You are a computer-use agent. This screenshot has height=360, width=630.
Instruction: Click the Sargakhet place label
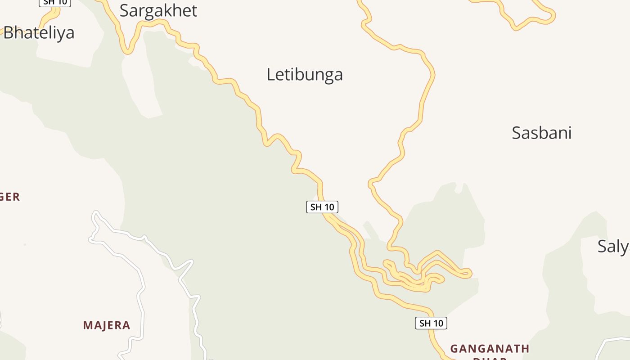coord(158,10)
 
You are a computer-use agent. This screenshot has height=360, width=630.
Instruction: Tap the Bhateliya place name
coord(39,33)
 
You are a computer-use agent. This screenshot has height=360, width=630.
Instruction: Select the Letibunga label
coord(305,74)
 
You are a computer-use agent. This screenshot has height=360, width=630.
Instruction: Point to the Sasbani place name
coord(541,133)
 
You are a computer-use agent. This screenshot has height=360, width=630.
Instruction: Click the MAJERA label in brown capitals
coord(107,325)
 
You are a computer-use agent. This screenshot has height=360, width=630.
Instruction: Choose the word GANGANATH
coord(490,349)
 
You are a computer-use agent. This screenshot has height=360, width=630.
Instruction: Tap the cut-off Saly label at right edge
coord(613,246)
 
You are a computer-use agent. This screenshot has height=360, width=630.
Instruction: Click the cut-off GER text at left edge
coord(10,197)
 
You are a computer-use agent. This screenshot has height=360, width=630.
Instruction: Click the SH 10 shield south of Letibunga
coord(322,207)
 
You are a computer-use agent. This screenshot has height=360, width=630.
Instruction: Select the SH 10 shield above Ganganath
coord(431,323)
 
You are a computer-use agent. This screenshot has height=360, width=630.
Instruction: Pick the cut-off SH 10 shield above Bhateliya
coord(55,3)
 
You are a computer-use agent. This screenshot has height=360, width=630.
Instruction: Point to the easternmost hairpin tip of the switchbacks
coord(469,273)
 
